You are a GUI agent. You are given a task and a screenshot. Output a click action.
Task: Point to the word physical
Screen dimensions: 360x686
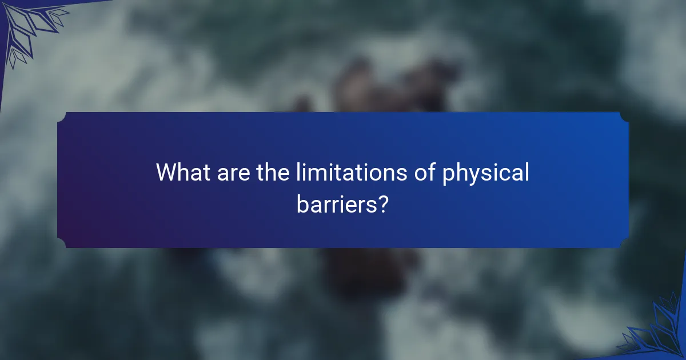[486, 173]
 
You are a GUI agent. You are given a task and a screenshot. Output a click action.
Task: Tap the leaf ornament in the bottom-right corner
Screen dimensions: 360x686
[657, 331]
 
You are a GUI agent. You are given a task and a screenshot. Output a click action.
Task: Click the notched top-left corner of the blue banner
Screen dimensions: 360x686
[62, 116]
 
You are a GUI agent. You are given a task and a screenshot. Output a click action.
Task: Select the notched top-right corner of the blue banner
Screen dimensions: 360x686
[624, 116]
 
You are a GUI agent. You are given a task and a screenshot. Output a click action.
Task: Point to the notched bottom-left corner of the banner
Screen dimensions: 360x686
[62, 244]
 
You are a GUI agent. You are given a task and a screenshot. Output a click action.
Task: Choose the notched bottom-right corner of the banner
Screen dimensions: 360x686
[624, 244]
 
